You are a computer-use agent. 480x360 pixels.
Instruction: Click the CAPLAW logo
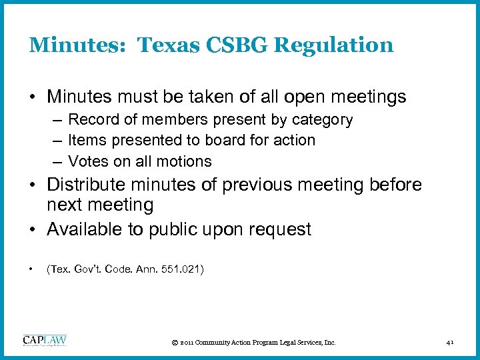pyautogui.click(x=45, y=341)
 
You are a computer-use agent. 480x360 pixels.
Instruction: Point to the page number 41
pyautogui.click(x=451, y=343)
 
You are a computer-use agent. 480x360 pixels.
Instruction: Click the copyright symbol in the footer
pyautogui.click(x=174, y=343)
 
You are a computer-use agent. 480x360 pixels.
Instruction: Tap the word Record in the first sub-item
pyautogui.click(x=91, y=120)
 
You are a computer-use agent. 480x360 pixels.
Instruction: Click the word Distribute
pyautogui.click(x=91, y=185)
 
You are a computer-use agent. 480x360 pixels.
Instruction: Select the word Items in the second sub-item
pyautogui.click(x=85, y=141)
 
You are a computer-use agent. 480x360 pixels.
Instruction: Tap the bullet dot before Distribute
pyautogui.click(x=33, y=185)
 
